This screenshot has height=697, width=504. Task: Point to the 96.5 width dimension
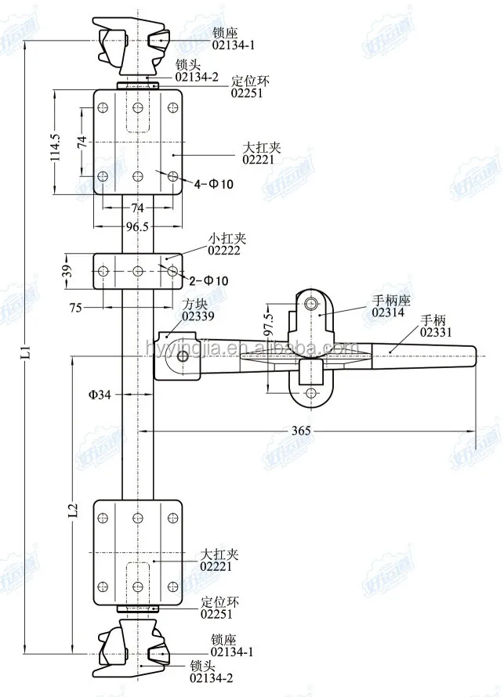point(137,227)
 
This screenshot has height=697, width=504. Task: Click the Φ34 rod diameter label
point(99,395)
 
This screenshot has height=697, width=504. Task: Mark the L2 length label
point(72,510)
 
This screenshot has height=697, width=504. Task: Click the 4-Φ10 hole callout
point(214,183)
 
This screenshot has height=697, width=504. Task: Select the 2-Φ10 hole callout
point(209,280)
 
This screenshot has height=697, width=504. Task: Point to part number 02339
point(198,316)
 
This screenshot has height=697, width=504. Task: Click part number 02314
point(388,312)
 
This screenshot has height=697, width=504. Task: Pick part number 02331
point(436,331)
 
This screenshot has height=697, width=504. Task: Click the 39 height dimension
point(68,271)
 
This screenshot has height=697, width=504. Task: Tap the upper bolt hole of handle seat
point(311,304)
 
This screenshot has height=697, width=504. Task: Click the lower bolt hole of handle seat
point(311,393)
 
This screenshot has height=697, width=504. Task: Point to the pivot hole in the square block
point(183,357)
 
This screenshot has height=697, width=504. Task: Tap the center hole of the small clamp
point(138,271)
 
